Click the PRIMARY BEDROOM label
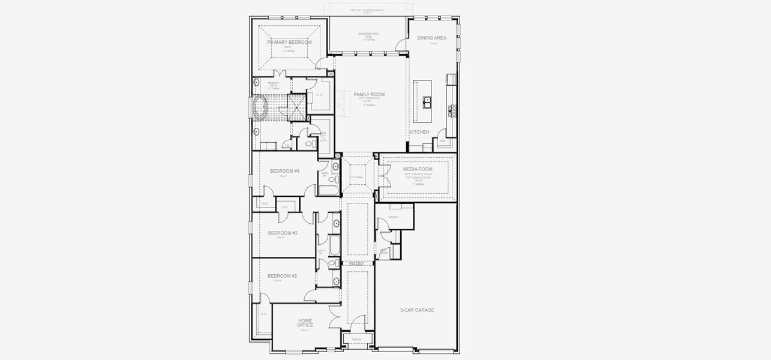(289, 43)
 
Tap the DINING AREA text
(431, 38)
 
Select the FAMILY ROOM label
(369, 94)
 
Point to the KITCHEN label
(419, 132)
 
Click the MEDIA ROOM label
(418, 169)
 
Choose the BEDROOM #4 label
(284, 171)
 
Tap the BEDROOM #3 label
(283, 233)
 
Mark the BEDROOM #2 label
(282, 276)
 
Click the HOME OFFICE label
(305, 323)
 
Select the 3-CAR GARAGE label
(417, 310)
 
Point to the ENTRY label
(356, 263)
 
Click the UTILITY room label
(394, 217)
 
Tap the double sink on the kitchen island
(427, 101)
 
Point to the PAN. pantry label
(443, 141)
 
